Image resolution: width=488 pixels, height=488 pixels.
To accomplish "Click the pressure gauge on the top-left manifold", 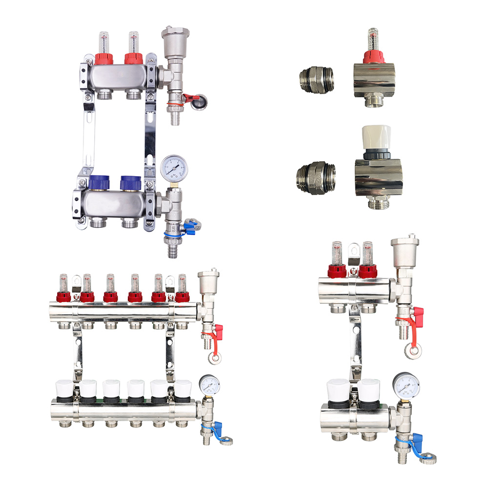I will coord(175,168).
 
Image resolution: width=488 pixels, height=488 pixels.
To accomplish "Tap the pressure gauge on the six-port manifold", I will coord(208,385).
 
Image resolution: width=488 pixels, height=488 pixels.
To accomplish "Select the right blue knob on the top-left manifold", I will coord(131,183).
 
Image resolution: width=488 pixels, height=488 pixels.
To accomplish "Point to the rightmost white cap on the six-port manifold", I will coord(183,388).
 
